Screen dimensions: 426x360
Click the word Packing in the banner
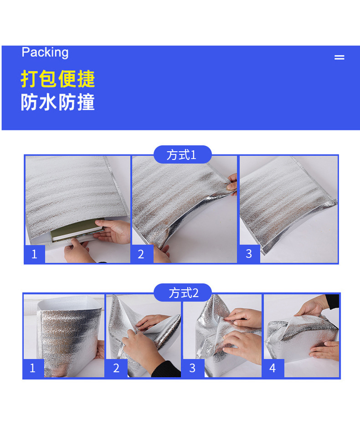45,52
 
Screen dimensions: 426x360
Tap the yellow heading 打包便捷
58,79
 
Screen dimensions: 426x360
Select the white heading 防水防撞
58,103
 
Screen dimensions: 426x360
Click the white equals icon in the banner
339,57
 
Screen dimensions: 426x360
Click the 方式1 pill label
182,155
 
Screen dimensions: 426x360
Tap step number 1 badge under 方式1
34,254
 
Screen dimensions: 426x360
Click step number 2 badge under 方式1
141,254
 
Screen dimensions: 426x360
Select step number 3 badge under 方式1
249,254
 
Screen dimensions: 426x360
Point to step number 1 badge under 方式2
33,368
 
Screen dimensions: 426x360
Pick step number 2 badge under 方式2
116,368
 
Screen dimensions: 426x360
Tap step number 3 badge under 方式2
192,368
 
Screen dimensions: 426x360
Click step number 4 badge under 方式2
273,368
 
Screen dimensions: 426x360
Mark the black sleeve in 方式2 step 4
332,301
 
